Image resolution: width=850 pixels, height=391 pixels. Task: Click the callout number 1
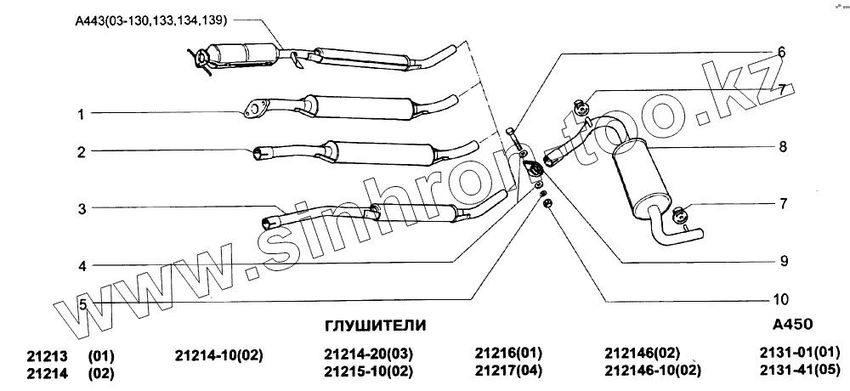(x=82, y=113)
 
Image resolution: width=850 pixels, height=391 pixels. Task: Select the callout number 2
(x=82, y=152)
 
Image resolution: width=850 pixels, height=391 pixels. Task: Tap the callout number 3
(x=82, y=208)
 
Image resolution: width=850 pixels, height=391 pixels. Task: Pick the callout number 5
(x=82, y=303)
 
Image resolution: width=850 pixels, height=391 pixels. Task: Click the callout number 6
(x=780, y=52)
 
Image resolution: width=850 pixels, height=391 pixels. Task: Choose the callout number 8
(x=782, y=146)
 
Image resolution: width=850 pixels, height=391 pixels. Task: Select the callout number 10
(x=781, y=299)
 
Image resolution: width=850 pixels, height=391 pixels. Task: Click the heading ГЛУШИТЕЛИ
(x=376, y=326)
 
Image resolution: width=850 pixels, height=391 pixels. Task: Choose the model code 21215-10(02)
(x=368, y=371)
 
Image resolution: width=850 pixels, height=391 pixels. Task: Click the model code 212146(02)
(x=643, y=353)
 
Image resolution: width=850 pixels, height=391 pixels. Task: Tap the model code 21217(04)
(x=508, y=370)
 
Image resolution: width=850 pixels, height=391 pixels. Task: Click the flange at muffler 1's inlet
(x=254, y=108)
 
